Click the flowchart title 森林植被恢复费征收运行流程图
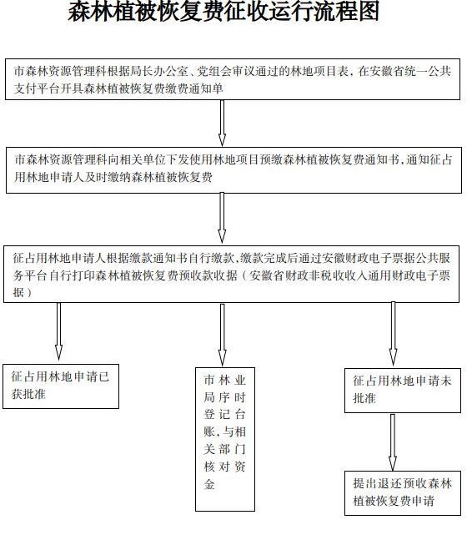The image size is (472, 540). coord(223,11)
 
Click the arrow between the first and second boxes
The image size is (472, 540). coord(222,124)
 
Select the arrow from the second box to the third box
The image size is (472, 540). coord(222,218)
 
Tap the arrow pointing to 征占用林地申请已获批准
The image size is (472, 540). coord(59,331)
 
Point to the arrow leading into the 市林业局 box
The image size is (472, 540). coord(223,335)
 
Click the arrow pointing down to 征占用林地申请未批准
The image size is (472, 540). coord(394,333)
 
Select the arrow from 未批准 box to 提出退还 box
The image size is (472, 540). coord(393,442)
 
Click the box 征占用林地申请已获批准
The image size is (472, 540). coord(61,386)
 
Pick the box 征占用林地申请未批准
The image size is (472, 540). coord(403,391)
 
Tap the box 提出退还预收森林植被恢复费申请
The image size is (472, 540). coord(403,493)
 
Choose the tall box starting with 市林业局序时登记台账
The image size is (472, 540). coord(225,439)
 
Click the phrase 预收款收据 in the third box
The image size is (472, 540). coord(208,275)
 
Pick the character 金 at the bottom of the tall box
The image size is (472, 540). coord(209,485)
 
